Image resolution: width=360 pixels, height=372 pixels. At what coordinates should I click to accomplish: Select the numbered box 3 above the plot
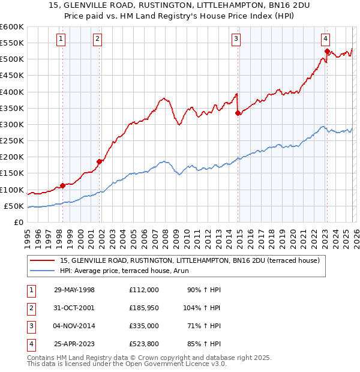236,40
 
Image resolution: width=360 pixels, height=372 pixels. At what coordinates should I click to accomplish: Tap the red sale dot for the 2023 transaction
327,52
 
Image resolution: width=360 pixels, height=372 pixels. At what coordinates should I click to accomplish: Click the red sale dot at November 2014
238,113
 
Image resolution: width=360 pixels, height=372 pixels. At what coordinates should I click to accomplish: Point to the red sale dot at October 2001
99,161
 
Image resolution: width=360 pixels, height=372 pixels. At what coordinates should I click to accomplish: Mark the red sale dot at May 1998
63,185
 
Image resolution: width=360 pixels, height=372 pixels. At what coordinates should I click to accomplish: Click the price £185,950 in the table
143,308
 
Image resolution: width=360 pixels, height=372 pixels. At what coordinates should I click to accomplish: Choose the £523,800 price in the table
143,344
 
